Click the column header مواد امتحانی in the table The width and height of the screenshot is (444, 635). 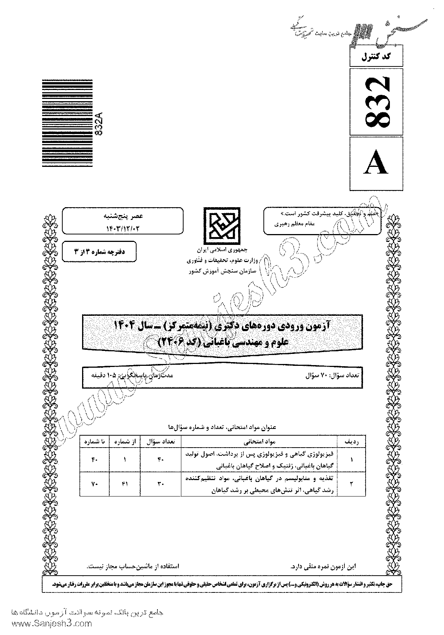tap(259, 442)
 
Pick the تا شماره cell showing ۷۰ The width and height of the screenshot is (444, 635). tap(94, 484)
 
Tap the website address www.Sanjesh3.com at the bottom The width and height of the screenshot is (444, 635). tap(47, 623)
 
